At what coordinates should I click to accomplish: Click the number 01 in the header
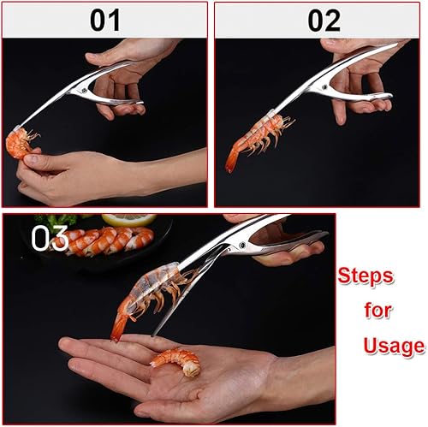coord(105,21)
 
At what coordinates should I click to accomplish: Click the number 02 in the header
coord(324,21)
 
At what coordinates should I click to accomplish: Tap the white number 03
coord(50,238)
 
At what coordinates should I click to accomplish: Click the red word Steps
coord(366,276)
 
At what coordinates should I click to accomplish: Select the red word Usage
coord(395,346)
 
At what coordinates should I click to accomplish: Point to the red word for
coord(377,310)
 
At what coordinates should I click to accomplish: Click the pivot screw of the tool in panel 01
coord(85,91)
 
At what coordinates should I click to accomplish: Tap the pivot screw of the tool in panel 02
coord(324,87)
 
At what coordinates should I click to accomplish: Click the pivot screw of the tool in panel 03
coord(242,245)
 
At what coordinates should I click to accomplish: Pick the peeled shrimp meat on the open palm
coord(177,361)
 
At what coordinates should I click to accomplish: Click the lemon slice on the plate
coord(129,220)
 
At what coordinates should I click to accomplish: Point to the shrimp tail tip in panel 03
coord(115,339)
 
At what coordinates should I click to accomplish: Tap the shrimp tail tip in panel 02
coord(229,170)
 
